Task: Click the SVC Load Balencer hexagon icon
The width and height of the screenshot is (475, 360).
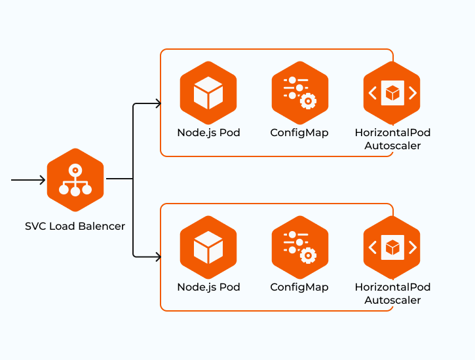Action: click(x=75, y=180)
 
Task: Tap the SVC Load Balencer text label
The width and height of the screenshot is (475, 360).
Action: click(x=75, y=226)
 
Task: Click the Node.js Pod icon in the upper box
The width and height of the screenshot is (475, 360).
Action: click(x=208, y=93)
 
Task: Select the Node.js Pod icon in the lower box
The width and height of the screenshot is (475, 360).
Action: click(x=208, y=247)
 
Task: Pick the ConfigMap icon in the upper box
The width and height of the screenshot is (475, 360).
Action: click(x=299, y=93)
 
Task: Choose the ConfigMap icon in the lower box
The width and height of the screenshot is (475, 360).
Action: click(x=299, y=247)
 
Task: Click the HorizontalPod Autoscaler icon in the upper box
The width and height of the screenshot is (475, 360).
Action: click(x=392, y=93)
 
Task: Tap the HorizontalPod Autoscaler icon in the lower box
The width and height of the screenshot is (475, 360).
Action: click(x=392, y=247)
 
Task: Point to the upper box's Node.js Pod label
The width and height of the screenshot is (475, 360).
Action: click(x=208, y=133)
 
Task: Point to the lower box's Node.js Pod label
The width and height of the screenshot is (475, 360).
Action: click(x=208, y=287)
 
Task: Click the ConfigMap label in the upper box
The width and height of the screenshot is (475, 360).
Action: click(x=299, y=133)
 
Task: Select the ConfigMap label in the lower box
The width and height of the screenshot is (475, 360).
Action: click(x=299, y=287)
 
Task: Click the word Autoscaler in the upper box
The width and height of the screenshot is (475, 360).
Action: click(x=392, y=146)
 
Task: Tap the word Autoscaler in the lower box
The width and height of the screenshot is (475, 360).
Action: click(x=392, y=300)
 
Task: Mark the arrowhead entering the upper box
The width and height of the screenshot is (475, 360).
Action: click(x=157, y=103)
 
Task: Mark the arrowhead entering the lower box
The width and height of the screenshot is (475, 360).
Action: click(x=157, y=257)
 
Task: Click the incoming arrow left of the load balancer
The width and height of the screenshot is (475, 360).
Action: click(x=28, y=179)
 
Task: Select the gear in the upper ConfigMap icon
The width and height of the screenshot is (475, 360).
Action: click(x=307, y=100)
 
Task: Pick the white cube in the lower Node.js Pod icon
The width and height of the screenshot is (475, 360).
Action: click(x=208, y=249)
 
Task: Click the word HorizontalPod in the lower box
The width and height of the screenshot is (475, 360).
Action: click(x=392, y=287)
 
